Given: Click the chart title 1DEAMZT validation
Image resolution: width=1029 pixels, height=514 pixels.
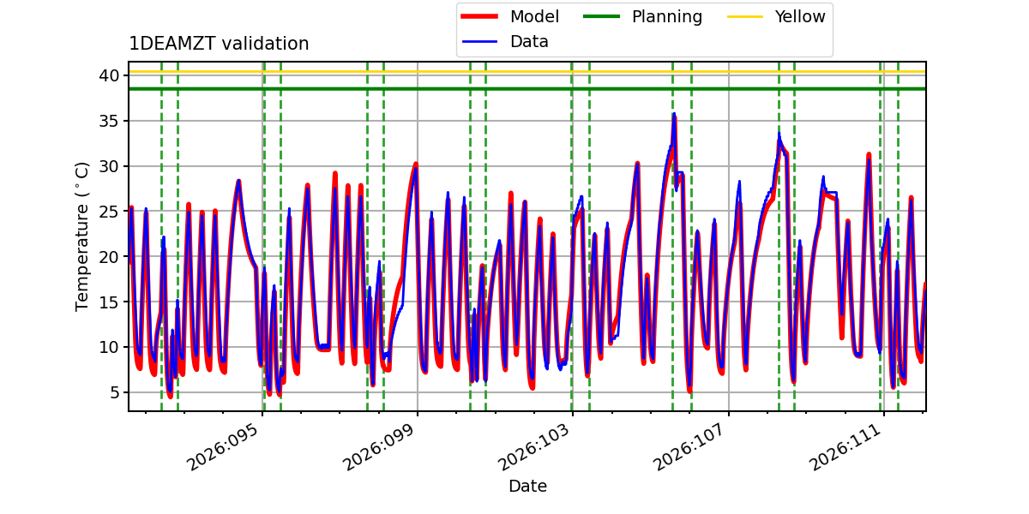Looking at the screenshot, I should [219, 44].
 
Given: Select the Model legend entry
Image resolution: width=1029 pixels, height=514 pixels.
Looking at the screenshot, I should [534, 16].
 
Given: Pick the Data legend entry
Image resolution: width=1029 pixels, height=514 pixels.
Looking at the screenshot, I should [529, 41].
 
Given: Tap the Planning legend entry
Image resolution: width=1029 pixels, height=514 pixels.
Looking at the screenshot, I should [666, 16].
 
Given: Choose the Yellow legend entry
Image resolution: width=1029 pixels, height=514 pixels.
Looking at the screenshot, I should [799, 16].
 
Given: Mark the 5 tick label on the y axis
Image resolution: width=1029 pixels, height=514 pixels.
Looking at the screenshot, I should [112, 392].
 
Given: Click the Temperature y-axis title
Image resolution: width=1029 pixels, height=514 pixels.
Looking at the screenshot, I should [82, 236].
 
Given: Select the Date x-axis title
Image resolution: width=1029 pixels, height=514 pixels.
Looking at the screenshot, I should [527, 486].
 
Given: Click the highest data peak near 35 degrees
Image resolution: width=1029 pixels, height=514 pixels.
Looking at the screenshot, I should [674, 114].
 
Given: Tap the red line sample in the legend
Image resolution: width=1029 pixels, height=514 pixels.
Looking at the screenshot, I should [483, 16].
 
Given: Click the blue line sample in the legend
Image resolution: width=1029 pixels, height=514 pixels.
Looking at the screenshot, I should [483, 41].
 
